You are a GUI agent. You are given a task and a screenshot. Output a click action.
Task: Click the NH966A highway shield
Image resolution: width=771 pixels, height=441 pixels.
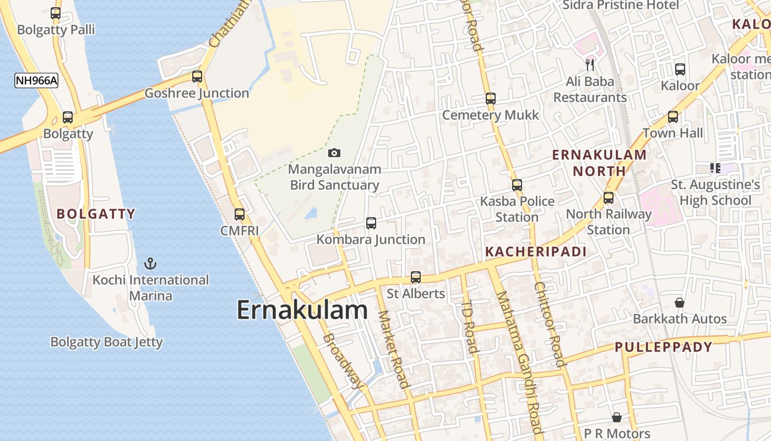[36, 80]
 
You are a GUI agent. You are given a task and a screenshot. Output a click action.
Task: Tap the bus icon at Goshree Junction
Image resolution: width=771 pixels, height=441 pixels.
[197, 77]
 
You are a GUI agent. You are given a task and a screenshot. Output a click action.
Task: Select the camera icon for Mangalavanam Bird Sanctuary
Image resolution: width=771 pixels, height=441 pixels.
[334, 153]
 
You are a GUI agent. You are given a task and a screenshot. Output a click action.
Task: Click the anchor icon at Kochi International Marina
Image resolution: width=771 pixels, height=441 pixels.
[149, 263]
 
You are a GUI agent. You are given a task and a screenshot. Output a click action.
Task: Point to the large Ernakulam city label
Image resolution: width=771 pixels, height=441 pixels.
[302, 310]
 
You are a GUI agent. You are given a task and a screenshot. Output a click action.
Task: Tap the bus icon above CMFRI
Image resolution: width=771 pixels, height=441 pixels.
[240, 214]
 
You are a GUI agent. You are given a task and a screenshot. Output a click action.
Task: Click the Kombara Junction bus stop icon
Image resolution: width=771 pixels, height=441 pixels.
[371, 223]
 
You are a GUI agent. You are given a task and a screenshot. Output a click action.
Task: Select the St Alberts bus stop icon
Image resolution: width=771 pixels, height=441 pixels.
[416, 277]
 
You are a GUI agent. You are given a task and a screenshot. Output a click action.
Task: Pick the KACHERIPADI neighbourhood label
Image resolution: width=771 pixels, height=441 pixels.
[535, 252]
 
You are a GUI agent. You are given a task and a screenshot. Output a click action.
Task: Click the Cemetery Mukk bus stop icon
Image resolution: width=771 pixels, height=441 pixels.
[491, 99]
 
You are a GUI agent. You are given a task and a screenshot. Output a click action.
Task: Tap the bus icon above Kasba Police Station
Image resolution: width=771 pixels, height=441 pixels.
[517, 185]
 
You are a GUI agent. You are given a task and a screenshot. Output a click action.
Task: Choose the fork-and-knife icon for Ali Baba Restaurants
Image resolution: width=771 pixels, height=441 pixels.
[590, 65]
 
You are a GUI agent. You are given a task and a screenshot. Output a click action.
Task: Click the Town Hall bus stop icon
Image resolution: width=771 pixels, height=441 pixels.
[673, 117]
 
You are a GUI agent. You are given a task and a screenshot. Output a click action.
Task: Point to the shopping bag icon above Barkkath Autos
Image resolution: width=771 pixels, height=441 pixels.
[680, 303]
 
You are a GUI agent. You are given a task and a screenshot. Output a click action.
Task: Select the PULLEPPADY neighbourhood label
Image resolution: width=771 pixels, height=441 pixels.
[664, 347]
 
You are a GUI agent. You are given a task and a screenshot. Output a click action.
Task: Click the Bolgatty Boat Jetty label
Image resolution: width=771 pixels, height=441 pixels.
[106, 342]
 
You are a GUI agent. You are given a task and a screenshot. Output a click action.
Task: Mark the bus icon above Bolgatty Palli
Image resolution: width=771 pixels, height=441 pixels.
[56, 13]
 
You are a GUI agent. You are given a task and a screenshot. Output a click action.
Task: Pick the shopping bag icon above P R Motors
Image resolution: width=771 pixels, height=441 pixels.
[617, 417]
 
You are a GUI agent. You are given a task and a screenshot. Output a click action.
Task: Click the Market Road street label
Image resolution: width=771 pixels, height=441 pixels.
[393, 349]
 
